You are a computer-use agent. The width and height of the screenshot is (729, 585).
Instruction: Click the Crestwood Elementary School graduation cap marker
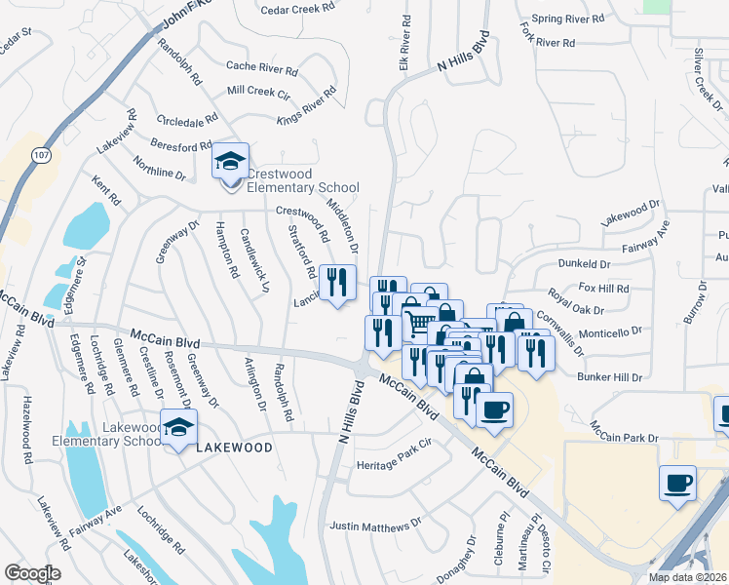(231, 162)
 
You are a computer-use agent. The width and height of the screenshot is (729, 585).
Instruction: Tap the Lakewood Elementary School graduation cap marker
(179, 427)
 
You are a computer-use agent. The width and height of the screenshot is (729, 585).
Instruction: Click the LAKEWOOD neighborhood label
(232, 447)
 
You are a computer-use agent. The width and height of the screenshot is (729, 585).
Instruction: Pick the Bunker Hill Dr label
(610, 377)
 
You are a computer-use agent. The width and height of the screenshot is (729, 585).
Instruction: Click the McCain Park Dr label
(624, 432)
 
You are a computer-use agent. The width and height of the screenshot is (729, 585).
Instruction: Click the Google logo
(32, 573)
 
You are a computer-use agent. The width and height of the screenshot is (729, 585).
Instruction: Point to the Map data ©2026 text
(688, 577)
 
